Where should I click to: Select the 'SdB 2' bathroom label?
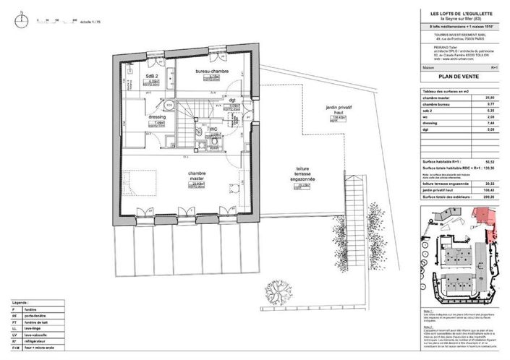click(152, 76)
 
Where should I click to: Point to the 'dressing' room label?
click(158, 116)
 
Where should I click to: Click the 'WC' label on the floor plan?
click(214, 129)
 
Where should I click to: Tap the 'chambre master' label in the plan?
click(199, 177)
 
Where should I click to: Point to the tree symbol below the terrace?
click(276, 292)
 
